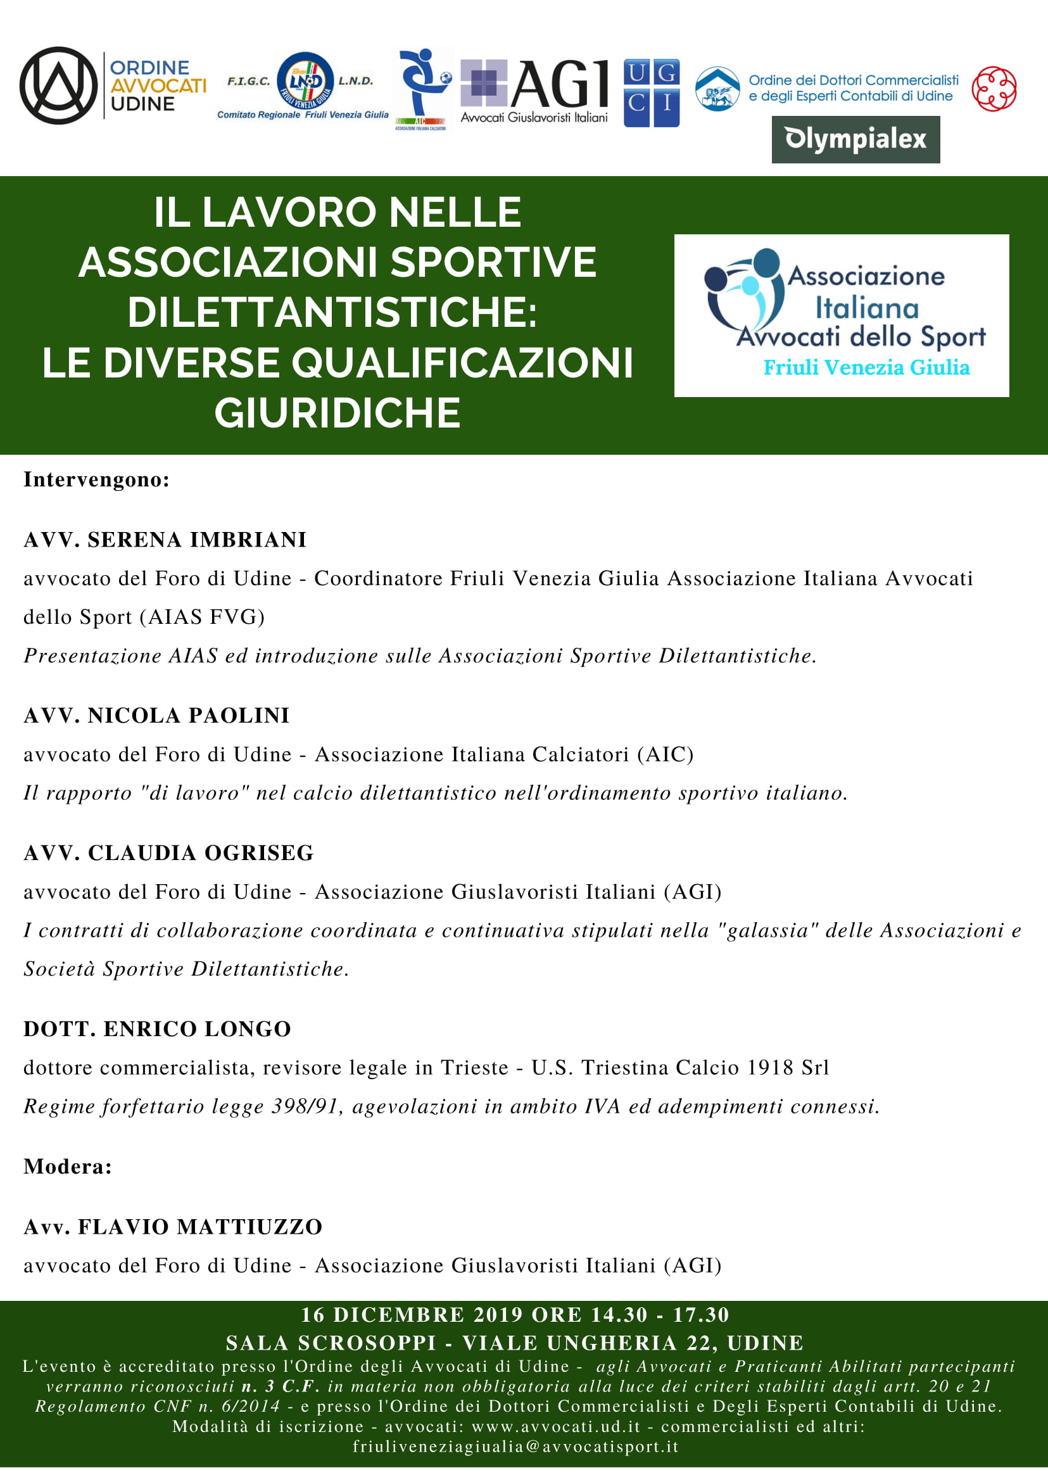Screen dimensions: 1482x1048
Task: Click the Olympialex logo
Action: (x=855, y=139)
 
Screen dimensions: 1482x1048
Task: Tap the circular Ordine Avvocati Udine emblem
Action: (x=58, y=85)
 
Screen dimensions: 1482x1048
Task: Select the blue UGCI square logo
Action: (x=651, y=93)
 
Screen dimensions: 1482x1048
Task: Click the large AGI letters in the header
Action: (x=560, y=84)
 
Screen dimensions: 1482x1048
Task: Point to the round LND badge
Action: (x=305, y=80)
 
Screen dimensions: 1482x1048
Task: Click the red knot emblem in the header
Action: (x=994, y=89)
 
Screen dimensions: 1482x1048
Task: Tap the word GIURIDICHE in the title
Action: (x=338, y=413)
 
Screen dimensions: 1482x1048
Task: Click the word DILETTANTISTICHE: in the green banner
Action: (x=332, y=312)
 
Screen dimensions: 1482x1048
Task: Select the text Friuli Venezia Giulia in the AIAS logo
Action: (x=866, y=367)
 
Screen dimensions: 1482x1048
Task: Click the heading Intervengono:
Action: (x=97, y=479)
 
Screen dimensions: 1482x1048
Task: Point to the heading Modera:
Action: (x=68, y=1167)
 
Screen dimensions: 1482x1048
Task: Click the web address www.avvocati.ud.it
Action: (x=555, y=1426)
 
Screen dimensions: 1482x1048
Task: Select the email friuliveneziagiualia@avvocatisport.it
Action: (x=515, y=1447)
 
